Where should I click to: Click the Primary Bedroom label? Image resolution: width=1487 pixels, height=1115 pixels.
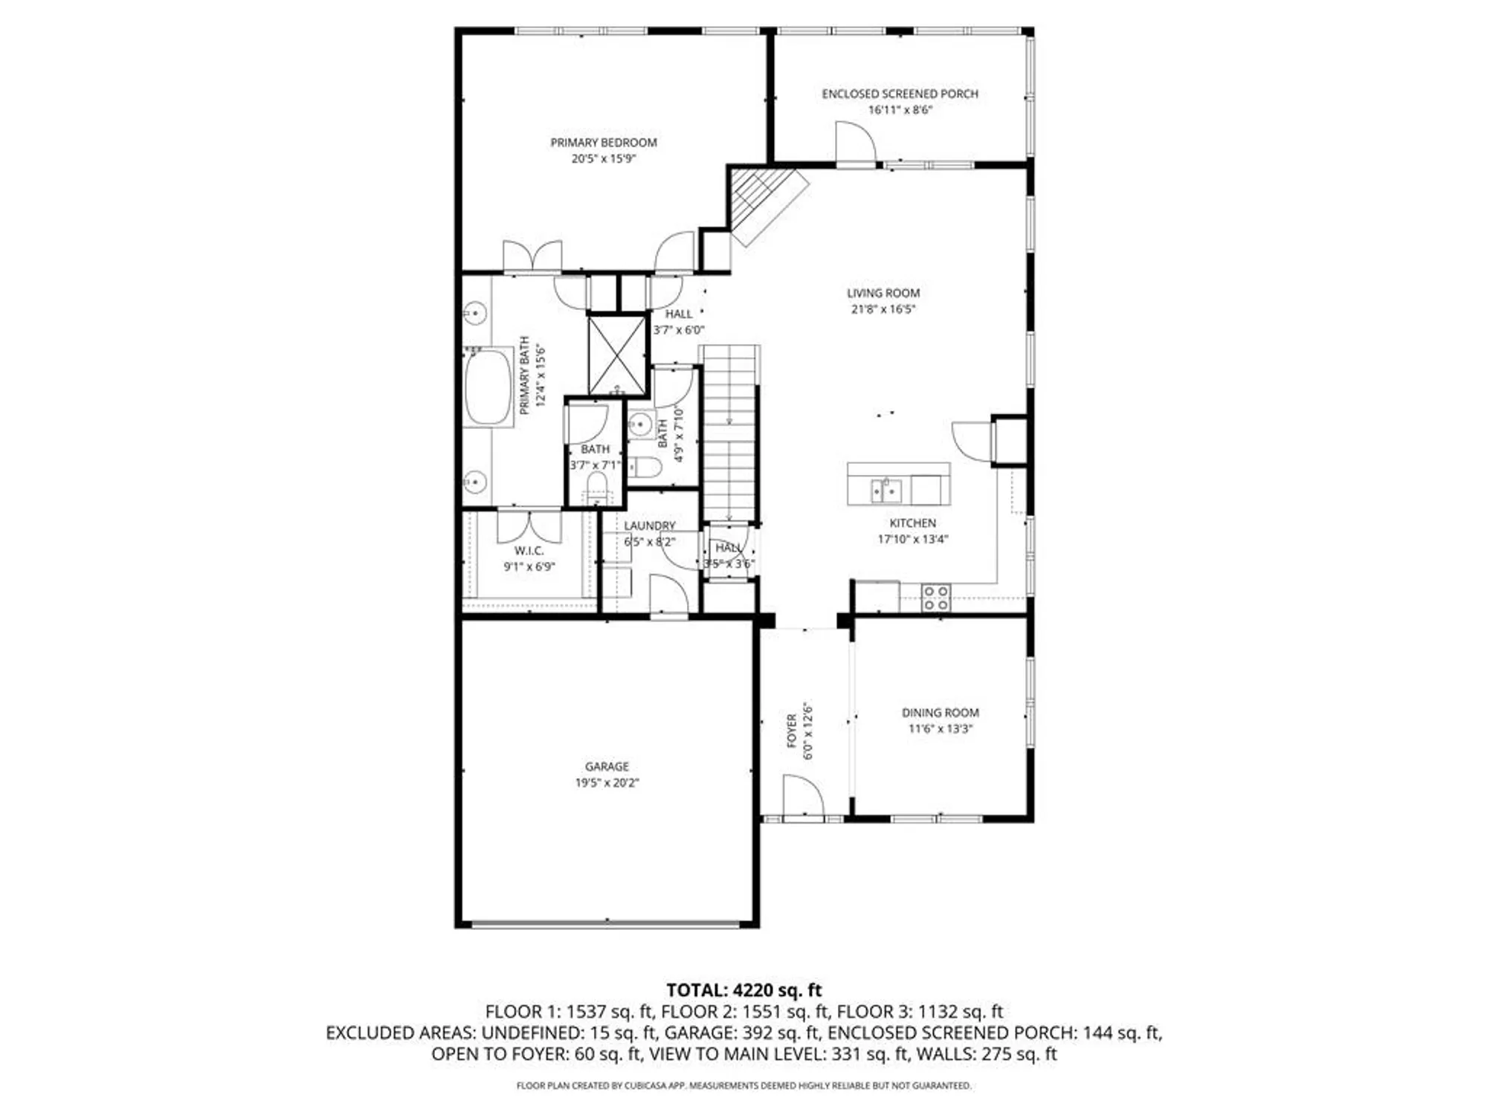click(x=603, y=142)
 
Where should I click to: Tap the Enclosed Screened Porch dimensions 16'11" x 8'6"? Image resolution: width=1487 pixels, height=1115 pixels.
click(x=900, y=110)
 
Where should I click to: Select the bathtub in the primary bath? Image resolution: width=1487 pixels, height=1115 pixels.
click(x=488, y=387)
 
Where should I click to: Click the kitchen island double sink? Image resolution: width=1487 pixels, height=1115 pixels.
click(x=886, y=491)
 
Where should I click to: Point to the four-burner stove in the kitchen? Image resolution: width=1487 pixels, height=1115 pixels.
click(x=935, y=598)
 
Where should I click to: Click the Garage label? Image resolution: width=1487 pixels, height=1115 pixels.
click(x=606, y=766)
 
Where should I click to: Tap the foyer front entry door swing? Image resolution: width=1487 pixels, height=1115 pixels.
click(x=803, y=797)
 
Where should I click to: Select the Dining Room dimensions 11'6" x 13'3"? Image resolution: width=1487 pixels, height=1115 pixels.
click(x=940, y=728)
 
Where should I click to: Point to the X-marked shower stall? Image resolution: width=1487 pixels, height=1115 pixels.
click(x=616, y=355)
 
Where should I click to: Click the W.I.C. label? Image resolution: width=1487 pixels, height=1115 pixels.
click(x=529, y=550)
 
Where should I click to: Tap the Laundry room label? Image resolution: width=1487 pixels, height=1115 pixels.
click(x=649, y=526)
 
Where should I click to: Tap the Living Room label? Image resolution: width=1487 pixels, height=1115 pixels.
click(x=883, y=293)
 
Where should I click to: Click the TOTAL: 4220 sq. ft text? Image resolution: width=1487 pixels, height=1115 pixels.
click(x=743, y=990)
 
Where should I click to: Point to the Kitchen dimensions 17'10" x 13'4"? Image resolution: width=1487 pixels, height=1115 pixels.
click(x=912, y=539)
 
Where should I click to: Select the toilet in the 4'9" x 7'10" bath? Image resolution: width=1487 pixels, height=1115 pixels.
click(x=645, y=468)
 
